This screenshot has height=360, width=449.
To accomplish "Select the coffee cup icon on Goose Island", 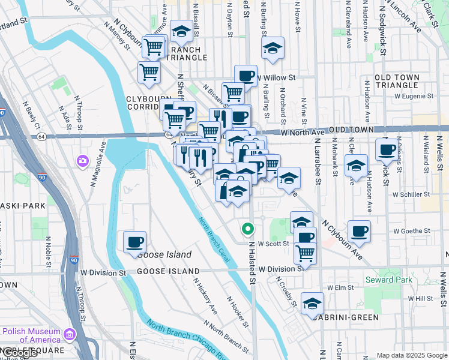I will click(x=134, y=242).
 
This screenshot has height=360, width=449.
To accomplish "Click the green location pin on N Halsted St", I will click(x=247, y=229).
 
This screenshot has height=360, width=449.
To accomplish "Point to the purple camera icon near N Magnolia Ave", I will click(x=83, y=161).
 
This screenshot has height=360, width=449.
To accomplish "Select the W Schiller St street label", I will click(x=411, y=194).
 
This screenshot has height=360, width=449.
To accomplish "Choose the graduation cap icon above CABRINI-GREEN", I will click(x=312, y=303).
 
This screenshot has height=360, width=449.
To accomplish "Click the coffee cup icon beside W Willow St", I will click(x=245, y=76).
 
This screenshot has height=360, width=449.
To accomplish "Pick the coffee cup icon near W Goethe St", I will click(x=359, y=231).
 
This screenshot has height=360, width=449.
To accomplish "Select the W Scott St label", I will click(x=273, y=244).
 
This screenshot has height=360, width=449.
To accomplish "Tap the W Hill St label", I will click(x=420, y=298).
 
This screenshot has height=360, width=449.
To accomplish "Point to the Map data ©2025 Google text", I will click(x=412, y=355).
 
